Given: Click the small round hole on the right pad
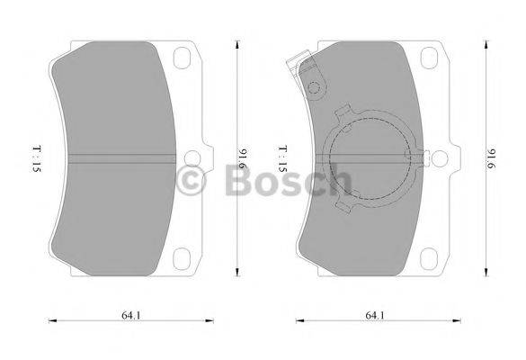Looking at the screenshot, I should [x=314, y=88].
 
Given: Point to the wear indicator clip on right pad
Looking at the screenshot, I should [x=298, y=67].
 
